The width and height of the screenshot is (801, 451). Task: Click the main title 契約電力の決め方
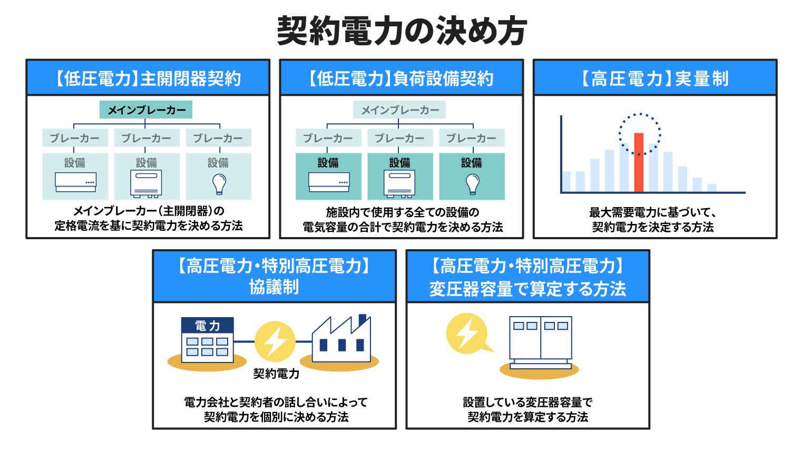click(x=402, y=31)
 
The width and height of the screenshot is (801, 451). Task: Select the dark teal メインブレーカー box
click(x=146, y=110)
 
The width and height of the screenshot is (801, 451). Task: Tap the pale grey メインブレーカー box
click(x=399, y=110)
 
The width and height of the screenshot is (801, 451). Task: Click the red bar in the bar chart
click(x=639, y=162)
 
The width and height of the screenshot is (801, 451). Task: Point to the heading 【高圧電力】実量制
click(x=655, y=79)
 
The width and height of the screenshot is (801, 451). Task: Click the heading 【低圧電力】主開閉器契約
click(x=148, y=79)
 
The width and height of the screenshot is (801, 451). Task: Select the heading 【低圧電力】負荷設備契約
click(x=401, y=79)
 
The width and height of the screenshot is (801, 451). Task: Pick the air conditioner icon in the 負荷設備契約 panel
click(x=329, y=182)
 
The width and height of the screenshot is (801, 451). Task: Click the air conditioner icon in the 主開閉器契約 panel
click(x=76, y=182)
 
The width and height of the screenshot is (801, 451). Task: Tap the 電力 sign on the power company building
click(x=208, y=325)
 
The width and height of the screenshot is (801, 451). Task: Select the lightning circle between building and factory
click(x=275, y=341)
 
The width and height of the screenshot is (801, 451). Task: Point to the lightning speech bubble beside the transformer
click(x=468, y=334)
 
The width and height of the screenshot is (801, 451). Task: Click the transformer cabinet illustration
click(x=540, y=342)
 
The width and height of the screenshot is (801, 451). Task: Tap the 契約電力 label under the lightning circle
click(x=276, y=374)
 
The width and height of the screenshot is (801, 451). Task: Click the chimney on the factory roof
click(x=362, y=319)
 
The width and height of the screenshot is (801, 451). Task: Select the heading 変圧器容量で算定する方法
click(x=528, y=289)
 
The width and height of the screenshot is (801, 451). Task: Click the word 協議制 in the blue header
click(x=274, y=287)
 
